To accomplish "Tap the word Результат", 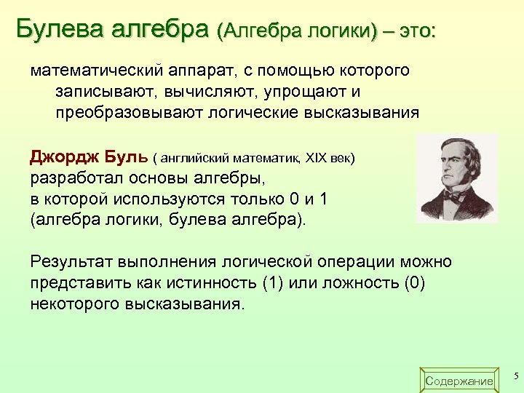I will pos(74,262).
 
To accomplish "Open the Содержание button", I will pos(458,381).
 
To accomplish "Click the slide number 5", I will pos(515,376).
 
